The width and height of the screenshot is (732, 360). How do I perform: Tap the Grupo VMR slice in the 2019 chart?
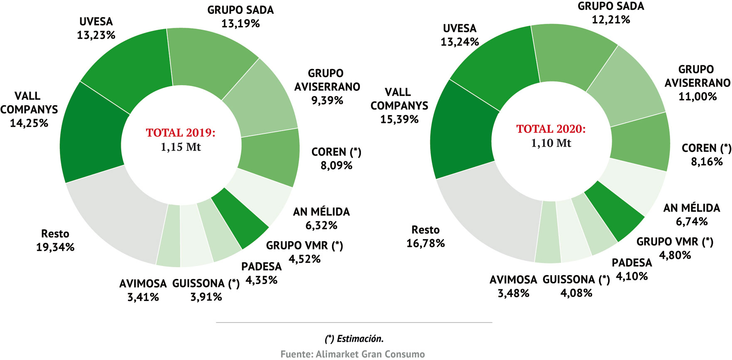(x=239, y=218)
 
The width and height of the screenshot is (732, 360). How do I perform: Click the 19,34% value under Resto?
(x=55, y=247)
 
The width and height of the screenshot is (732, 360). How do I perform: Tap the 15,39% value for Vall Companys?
(x=399, y=119)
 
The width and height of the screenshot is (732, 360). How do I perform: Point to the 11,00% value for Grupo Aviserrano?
(x=697, y=96)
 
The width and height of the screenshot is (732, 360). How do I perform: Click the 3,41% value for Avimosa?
(x=143, y=297)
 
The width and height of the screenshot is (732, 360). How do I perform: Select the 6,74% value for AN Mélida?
(x=691, y=222)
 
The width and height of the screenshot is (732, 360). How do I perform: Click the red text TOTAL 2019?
(x=181, y=133)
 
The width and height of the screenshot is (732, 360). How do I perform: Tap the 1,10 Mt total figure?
(x=551, y=143)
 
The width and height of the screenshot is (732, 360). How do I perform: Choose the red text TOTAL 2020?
(x=551, y=129)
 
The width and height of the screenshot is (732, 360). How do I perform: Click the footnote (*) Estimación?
(x=354, y=339)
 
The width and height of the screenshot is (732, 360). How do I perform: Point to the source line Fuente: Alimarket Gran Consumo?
(x=353, y=354)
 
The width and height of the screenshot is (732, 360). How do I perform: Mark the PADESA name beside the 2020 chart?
(x=632, y=263)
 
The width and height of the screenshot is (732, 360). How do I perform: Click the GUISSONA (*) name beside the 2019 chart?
(x=206, y=284)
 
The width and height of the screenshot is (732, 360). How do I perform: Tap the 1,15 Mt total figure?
(x=181, y=147)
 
